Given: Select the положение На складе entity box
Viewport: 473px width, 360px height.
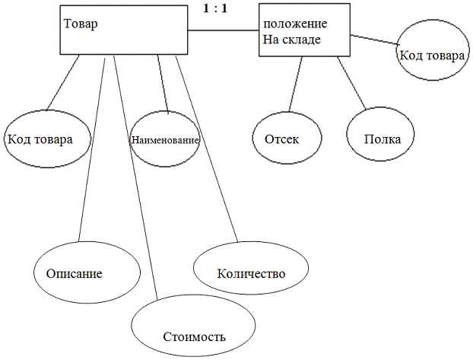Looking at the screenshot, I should click(x=304, y=30).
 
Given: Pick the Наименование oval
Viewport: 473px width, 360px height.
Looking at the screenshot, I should click(x=165, y=141).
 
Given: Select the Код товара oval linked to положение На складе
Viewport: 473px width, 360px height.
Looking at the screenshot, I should click(x=431, y=53).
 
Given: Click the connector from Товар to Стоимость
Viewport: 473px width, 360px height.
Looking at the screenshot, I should click(x=135, y=175).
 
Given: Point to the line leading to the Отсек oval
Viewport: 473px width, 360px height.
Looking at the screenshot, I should click(x=295, y=83).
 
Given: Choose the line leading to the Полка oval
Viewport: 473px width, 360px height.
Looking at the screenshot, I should click(x=351, y=83).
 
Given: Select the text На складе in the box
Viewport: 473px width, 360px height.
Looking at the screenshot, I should click(x=292, y=40).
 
